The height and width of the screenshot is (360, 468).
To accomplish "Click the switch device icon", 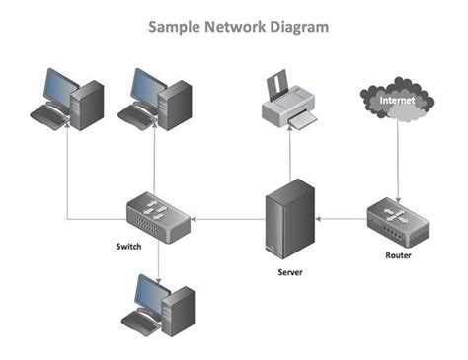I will point(157,216).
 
